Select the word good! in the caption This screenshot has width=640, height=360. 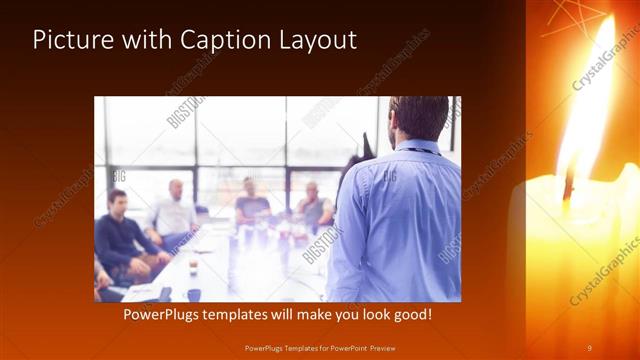(x=410, y=314)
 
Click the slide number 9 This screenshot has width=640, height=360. (x=589, y=347)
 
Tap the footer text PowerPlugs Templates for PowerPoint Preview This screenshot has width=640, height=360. (x=320, y=347)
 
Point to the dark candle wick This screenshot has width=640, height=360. (x=569, y=185)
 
